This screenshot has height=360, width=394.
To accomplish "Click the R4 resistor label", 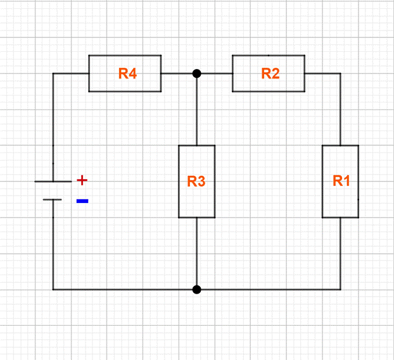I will pos(127,73).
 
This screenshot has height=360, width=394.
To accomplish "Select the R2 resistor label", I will pos(270,73).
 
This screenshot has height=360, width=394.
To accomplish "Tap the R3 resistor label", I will pos(196,182).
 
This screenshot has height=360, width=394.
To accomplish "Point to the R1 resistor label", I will pos(341,181).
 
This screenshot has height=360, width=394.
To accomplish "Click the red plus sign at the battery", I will pos(82,180).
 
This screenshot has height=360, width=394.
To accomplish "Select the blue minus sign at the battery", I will pos(82,201).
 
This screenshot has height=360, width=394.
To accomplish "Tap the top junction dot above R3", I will pos(196,73).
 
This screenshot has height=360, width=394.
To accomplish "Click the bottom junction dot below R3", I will pos(196,290).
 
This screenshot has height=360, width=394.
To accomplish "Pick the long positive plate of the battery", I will pos(53,182).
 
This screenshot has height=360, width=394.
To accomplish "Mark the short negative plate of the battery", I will pos(53,200).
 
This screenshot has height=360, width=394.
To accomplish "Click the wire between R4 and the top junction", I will pos(178,73).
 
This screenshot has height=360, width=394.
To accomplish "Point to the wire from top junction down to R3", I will pos(196,109).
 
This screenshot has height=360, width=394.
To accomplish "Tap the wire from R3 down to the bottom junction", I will pos(196,253).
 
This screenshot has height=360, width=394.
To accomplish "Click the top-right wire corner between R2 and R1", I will pos(341,73).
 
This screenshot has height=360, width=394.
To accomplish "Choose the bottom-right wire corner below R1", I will pos(341,290).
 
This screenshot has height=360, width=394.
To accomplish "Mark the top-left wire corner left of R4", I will pos(53,73).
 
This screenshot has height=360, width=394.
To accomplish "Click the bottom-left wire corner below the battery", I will pos(53,290).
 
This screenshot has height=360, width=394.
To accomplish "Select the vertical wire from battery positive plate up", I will pos(53,127).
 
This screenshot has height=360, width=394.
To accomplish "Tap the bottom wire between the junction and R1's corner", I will pos(269,290).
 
